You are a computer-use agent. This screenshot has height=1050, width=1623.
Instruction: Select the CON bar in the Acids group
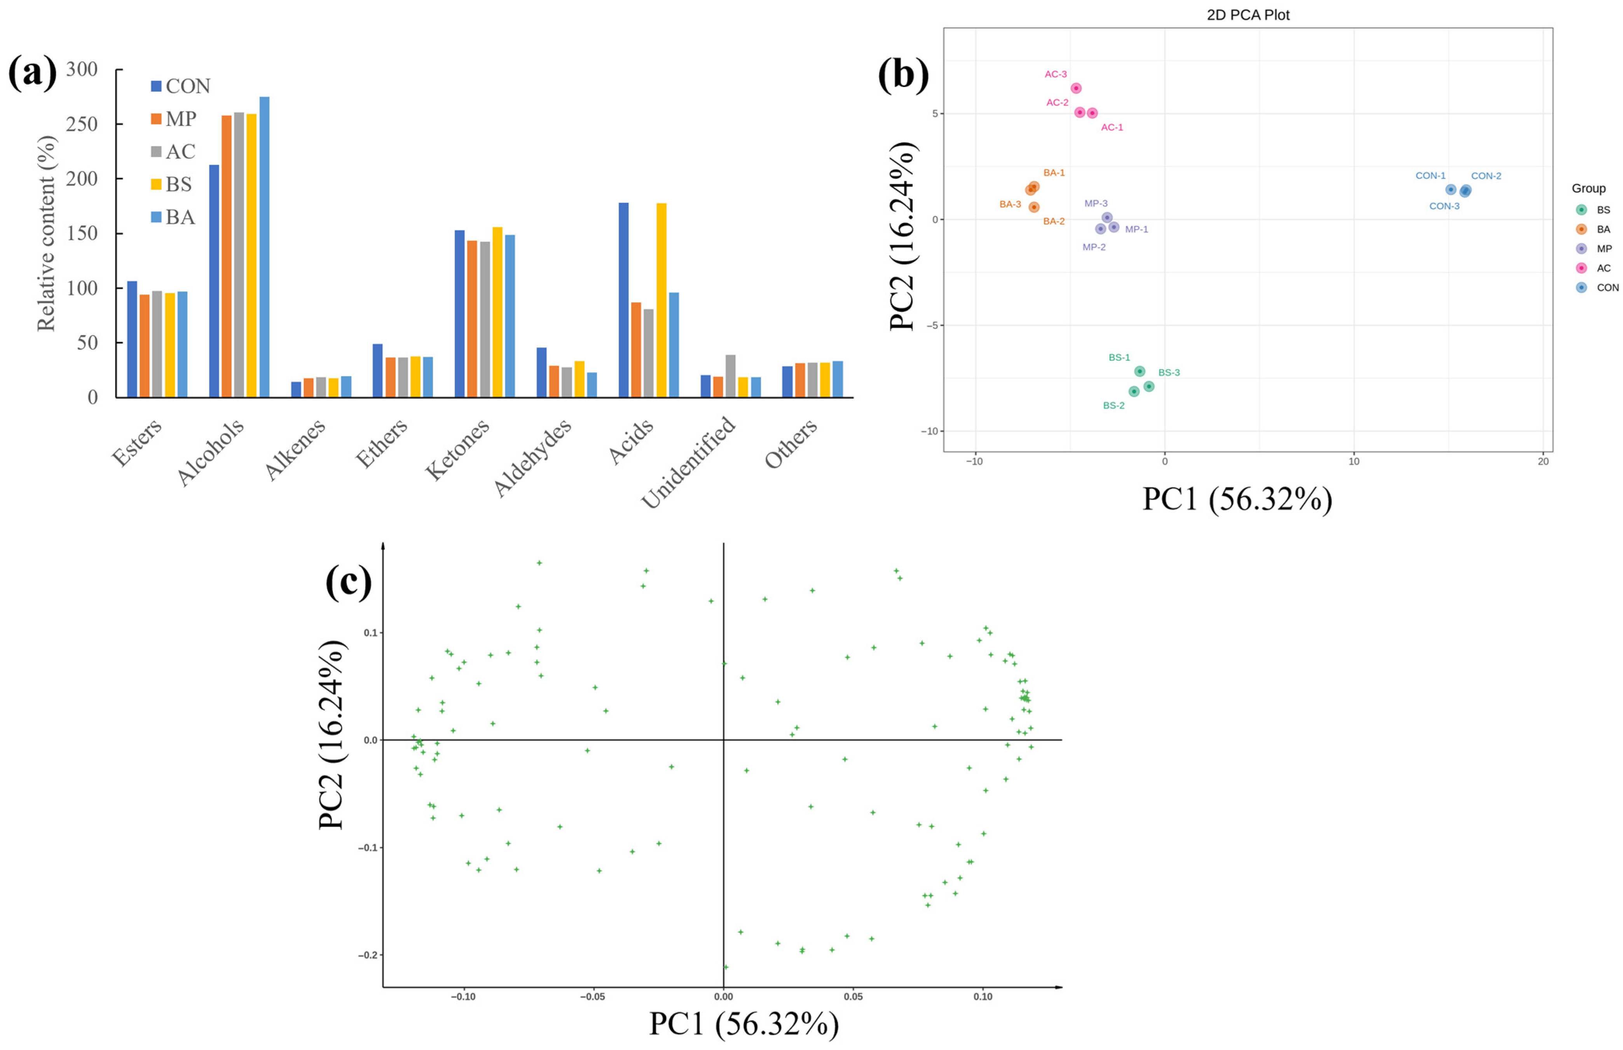click(x=623, y=300)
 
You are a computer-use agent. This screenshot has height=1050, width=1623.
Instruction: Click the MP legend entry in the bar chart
click(x=173, y=119)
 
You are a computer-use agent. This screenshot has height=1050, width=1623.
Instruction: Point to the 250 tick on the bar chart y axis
click(x=82, y=124)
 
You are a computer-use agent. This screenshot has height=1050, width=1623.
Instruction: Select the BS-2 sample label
click(x=1113, y=406)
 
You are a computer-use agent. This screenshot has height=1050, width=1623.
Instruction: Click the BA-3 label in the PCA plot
click(x=1010, y=204)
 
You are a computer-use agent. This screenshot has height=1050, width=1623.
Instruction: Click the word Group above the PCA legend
click(x=1588, y=188)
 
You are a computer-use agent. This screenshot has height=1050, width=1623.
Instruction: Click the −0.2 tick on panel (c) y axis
click(x=368, y=955)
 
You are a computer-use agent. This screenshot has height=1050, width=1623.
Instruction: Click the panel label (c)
click(x=349, y=582)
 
